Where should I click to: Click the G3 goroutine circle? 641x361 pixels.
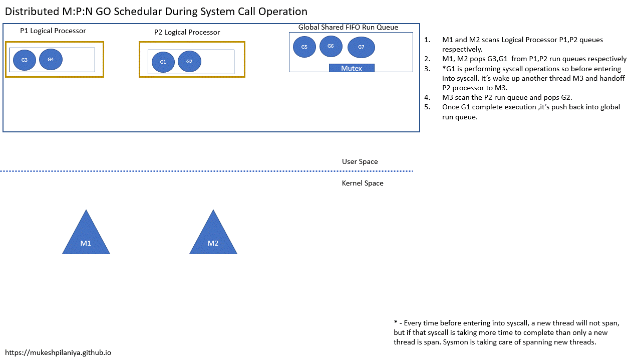point(24,60)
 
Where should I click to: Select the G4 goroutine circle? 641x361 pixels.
point(51,60)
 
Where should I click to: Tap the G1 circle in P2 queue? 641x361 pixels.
point(163,62)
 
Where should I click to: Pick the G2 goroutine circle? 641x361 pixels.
point(189,62)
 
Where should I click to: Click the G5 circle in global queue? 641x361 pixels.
point(304,47)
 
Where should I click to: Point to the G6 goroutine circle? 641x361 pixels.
point(331,46)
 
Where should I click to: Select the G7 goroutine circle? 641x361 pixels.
point(361,47)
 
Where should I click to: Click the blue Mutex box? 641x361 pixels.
point(352,68)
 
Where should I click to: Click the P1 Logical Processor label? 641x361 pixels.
point(53,31)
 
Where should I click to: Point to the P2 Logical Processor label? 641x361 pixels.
point(187,33)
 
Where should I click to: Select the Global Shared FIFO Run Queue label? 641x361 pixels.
point(348,27)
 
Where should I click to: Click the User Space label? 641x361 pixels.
point(360,161)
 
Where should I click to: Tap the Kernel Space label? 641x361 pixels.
point(363,183)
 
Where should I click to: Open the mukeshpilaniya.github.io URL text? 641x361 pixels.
point(58,352)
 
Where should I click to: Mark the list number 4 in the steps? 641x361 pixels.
point(427,97)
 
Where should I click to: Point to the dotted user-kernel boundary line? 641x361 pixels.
point(200,171)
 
